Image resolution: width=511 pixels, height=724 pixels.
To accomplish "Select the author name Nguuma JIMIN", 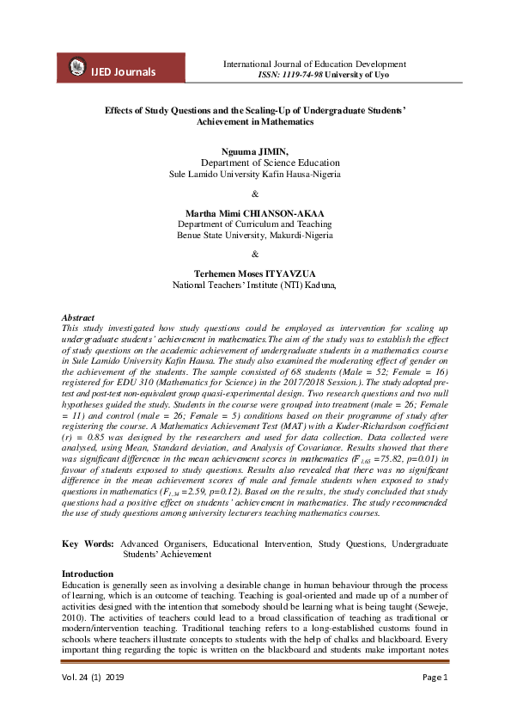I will (x=255, y=151).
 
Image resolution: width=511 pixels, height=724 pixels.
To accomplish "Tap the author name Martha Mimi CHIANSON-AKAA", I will (x=254, y=212).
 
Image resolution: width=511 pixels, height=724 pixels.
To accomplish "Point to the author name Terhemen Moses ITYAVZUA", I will (x=254, y=273).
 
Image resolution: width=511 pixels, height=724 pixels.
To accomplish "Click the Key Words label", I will (x=88, y=544).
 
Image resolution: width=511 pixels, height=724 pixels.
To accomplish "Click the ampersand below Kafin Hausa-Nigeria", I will (x=254, y=193).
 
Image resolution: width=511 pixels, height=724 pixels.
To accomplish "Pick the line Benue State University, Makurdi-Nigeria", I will (x=254, y=235).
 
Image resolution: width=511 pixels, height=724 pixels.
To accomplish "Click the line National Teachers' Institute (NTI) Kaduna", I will (x=254, y=284).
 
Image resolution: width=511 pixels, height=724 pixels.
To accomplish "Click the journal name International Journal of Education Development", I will (x=314, y=64).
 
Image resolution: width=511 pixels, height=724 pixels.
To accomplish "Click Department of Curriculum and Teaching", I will (x=254, y=224).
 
